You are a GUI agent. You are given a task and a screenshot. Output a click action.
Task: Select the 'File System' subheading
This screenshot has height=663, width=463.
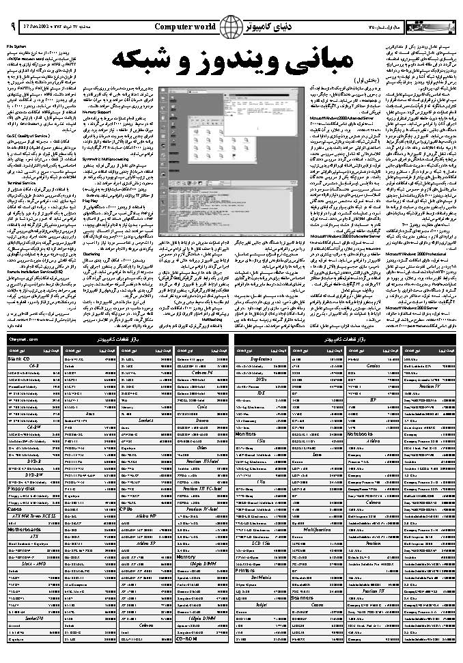pyautogui.click(x=16, y=46)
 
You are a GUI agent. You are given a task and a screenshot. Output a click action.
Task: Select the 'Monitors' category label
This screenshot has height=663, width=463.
pyautogui.click(x=247, y=433)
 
